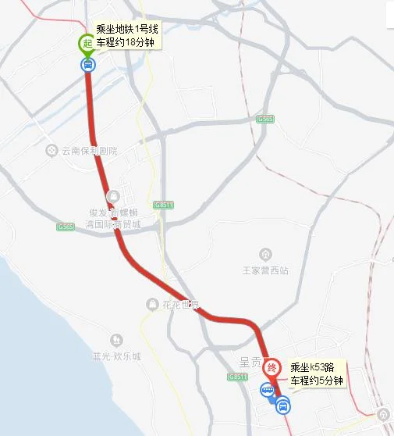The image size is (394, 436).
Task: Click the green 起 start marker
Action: (x=87, y=45)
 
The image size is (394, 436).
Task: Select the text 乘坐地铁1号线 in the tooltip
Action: (x=126, y=30)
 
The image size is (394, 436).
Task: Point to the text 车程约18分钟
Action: (x=126, y=42)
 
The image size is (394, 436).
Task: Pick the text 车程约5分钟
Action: (x=314, y=381)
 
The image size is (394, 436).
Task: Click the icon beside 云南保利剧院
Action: (x=52, y=150)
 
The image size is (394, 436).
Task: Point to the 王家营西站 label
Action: (x=266, y=270)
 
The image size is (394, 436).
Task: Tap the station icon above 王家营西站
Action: (x=266, y=254)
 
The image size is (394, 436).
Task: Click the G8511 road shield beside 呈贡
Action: (x=238, y=377)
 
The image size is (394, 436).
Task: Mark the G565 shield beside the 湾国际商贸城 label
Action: (x=66, y=227)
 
